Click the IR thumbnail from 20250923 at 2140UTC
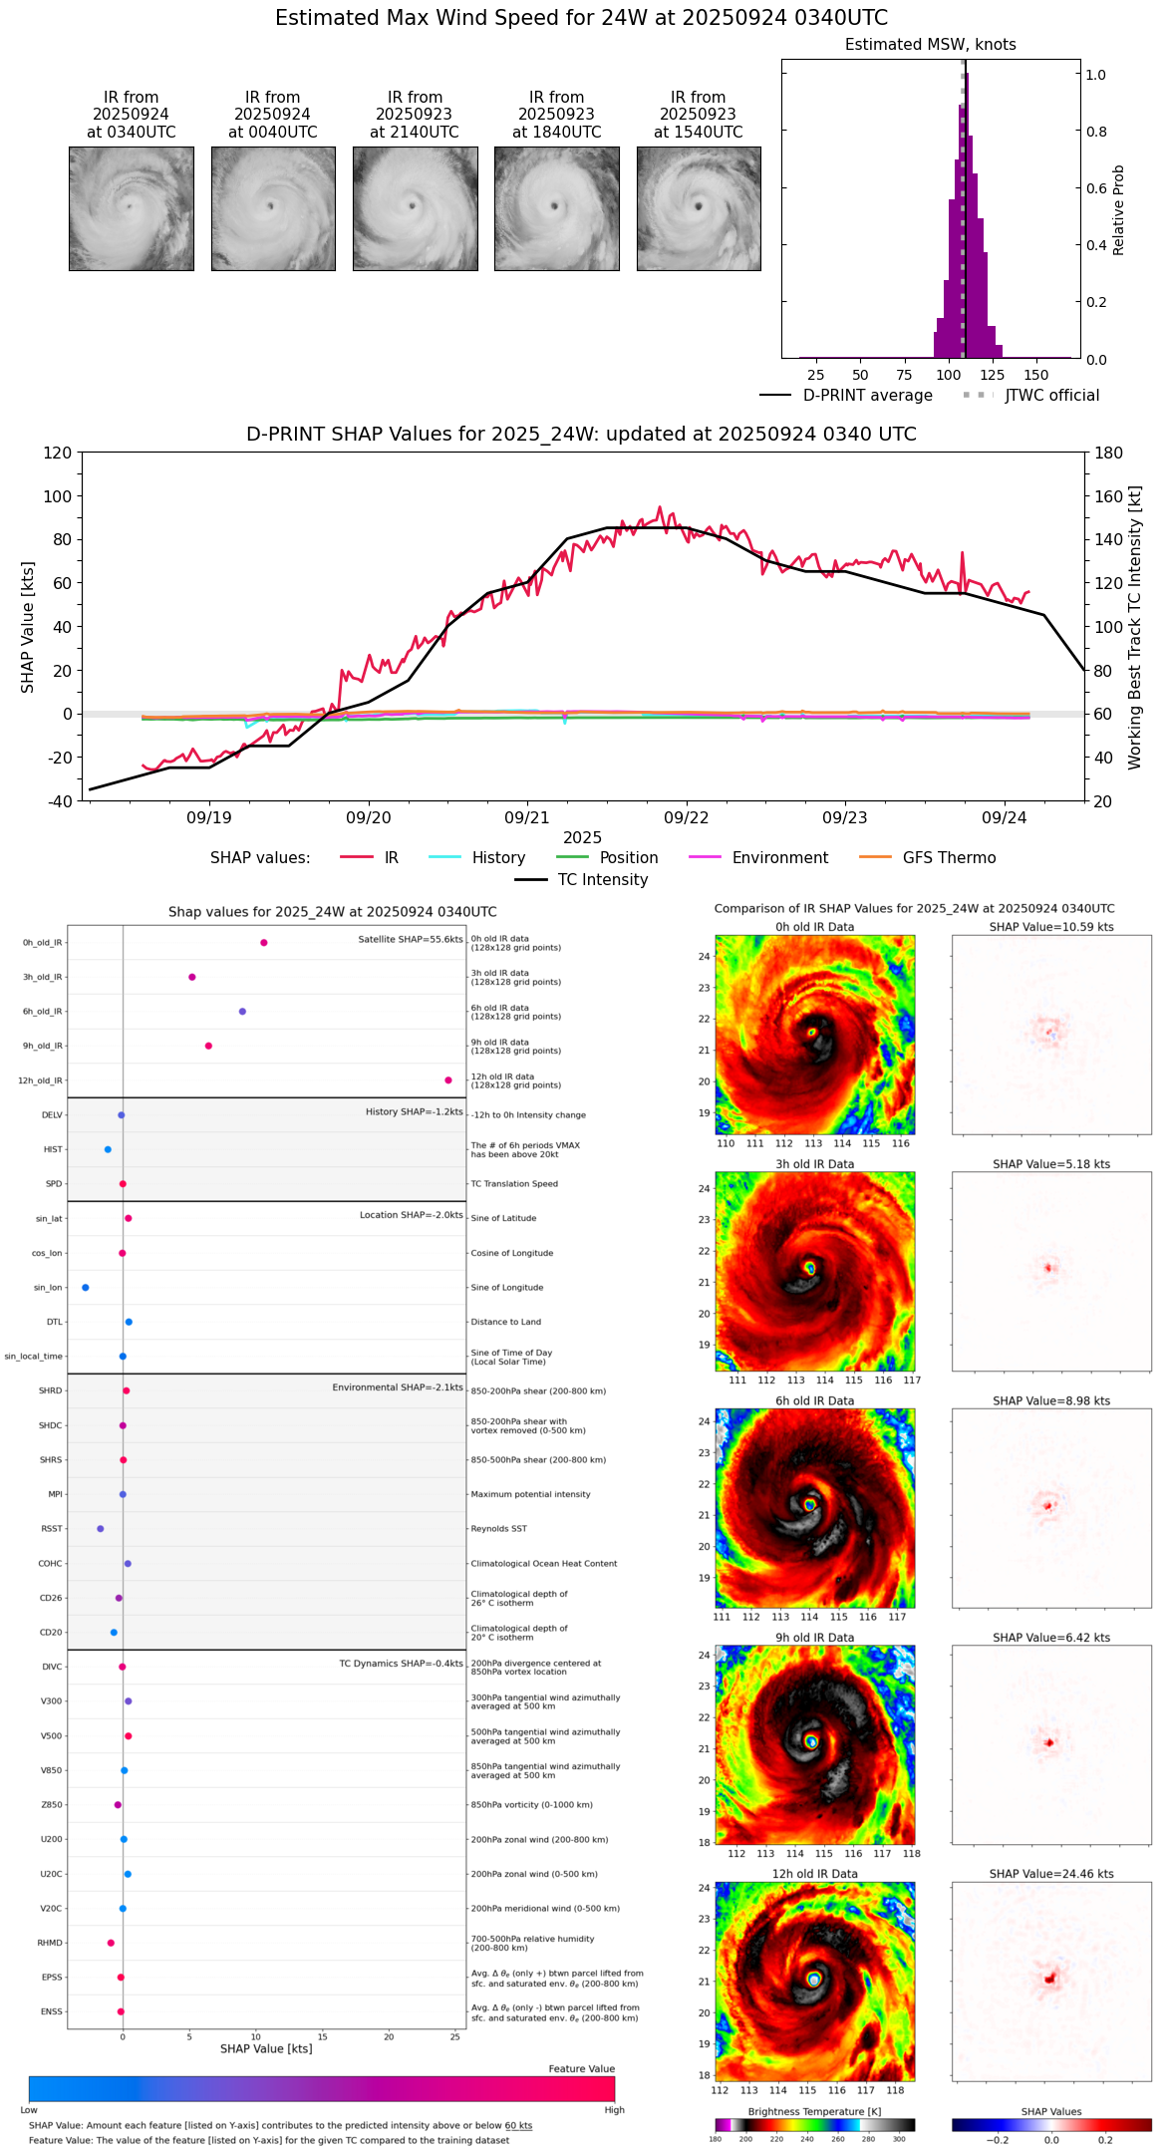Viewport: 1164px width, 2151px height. [415, 208]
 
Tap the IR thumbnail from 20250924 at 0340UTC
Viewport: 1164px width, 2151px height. [132, 208]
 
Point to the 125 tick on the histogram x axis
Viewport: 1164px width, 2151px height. [992, 375]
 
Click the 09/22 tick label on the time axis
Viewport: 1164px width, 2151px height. [686, 817]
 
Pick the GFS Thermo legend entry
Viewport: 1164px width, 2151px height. [949, 858]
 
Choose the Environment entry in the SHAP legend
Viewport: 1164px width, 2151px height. [779, 858]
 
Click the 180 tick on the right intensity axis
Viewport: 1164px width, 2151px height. [1109, 454]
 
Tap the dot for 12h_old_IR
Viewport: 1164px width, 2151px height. [448, 1080]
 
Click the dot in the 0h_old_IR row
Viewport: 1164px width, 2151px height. [264, 943]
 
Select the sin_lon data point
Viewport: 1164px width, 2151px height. [86, 1288]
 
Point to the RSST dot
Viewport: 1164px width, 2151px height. [100, 1529]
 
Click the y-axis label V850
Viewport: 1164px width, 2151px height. [51, 1770]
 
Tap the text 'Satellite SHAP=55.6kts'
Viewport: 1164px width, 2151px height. [411, 940]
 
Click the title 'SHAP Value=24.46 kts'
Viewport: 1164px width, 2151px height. [1051, 1874]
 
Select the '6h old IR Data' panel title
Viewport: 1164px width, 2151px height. [814, 1400]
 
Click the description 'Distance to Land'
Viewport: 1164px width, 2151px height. [506, 1323]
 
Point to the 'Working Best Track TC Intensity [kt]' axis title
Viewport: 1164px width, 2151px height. [1135, 628]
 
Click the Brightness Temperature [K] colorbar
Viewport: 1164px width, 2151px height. [814, 2125]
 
